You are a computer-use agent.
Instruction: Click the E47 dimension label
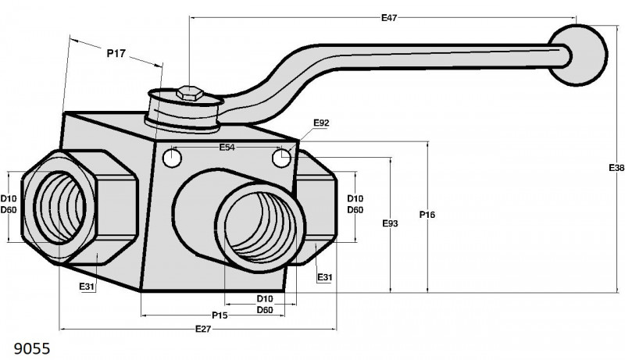point(389,17)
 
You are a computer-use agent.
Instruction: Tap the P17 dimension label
point(116,53)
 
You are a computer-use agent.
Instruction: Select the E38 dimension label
point(616,168)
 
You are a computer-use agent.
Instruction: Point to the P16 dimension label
point(427,215)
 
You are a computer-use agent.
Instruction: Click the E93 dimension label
point(390,223)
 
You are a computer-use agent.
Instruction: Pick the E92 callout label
point(321,123)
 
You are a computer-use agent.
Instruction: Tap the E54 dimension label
point(227,148)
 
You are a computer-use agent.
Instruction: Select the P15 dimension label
point(220,315)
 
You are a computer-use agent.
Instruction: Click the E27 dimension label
point(203,329)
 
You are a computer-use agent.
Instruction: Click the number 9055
point(32,348)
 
